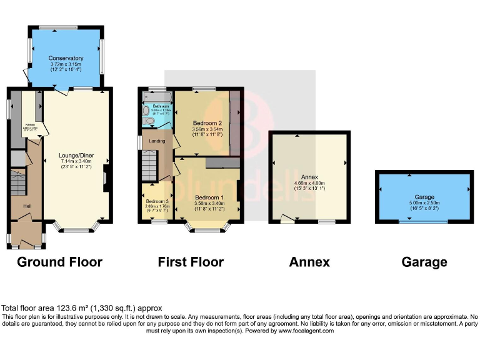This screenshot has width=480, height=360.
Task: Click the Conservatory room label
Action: coord(66,58)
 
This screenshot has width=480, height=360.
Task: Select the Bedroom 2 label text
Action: coord(201,122)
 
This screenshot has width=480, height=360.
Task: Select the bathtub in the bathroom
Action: coord(152,97)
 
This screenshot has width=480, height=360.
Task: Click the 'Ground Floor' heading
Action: coord(59,262)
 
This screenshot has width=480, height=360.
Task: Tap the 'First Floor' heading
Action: coord(191,262)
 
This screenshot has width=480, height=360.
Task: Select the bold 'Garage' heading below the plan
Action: coord(424,262)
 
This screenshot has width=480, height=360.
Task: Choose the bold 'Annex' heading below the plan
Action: coord(309,262)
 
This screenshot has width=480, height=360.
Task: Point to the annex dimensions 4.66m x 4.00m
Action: coord(309,183)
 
